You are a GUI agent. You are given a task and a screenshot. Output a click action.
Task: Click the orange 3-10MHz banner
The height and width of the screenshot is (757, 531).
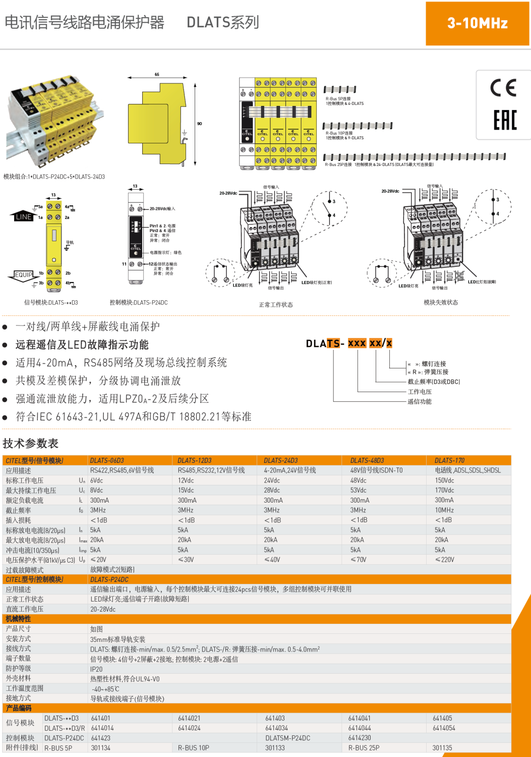477,23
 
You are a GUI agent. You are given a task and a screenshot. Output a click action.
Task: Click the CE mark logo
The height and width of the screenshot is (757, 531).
503,88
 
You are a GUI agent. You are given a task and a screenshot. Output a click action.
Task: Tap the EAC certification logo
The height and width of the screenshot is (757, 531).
505,120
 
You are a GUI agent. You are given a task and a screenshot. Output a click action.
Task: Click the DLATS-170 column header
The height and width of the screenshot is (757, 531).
449,460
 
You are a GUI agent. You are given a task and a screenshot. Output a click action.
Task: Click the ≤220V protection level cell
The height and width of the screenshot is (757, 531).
444,560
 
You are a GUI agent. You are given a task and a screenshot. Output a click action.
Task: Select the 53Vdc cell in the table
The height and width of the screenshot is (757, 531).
358,490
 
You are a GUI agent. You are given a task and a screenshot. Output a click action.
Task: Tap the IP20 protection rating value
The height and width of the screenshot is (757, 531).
96,669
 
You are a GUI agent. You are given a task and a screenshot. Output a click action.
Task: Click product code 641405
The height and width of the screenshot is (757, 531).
442,718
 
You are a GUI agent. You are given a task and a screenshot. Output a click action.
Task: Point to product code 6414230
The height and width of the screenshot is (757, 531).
360,738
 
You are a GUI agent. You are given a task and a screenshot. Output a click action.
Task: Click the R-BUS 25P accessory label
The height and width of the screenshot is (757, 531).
364,748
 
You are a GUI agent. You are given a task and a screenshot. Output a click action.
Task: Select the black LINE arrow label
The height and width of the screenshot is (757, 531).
23,217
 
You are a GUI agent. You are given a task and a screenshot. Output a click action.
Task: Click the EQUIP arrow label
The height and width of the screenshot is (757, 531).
23,275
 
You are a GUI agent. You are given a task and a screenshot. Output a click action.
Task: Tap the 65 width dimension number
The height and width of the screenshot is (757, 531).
157,74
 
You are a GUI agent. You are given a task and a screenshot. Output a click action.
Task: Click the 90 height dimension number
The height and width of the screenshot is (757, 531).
200,124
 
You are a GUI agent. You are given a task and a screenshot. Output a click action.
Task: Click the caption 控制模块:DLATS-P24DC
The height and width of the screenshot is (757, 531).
139,303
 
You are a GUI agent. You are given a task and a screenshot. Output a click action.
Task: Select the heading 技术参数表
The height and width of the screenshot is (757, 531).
30,444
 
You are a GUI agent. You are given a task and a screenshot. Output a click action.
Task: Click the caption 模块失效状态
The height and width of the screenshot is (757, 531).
441,303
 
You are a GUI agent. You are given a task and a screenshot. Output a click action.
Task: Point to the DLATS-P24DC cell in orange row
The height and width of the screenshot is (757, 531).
109,579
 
